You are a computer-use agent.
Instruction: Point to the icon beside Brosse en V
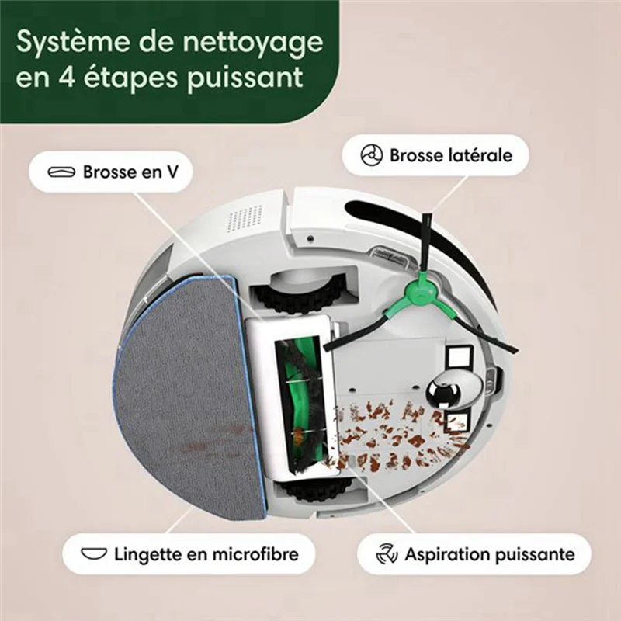coord(62,172)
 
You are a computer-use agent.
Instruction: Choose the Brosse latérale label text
coord(451,155)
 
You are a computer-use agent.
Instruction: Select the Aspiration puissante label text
coord(489,554)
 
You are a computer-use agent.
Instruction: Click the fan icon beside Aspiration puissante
coord(387,554)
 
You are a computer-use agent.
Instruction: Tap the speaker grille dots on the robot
coord(244,220)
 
